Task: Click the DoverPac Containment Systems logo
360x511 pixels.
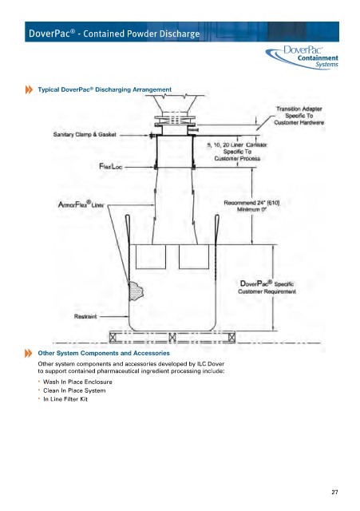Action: [x=302, y=57]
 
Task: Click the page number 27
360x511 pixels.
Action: [x=334, y=492]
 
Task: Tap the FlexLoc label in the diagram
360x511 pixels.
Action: [x=110, y=167]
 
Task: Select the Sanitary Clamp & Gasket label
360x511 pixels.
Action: [x=85, y=134]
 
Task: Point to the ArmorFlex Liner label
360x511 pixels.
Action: [x=81, y=204]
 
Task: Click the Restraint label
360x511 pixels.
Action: [x=85, y=316]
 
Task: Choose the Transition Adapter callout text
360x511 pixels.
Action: [x=299, y=116]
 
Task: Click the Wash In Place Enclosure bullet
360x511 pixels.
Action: [x=77, y=382]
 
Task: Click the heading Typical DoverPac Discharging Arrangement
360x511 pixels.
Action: [x=105, y=89]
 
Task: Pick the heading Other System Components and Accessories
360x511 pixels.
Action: [x=104, y=353]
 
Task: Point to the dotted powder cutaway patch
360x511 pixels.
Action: [x=136, y=291]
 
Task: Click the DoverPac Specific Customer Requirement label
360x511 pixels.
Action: [x=267, y=287]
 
